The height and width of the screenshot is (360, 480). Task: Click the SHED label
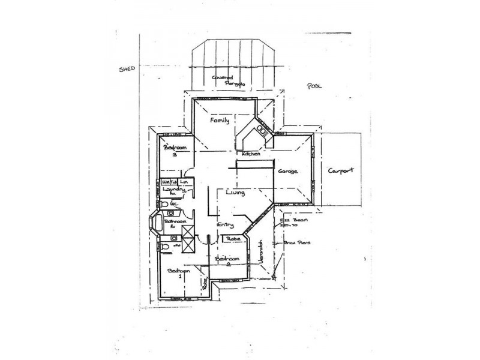127,69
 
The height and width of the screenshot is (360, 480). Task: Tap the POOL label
314,86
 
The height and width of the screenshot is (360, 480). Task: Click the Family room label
220,120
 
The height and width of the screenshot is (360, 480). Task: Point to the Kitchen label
250,154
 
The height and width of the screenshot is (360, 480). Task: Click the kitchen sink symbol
262,128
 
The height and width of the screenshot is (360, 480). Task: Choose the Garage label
287,171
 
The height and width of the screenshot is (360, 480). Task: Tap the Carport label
341,170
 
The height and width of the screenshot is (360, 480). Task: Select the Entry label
226,224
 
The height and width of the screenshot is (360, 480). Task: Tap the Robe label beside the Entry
234,239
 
